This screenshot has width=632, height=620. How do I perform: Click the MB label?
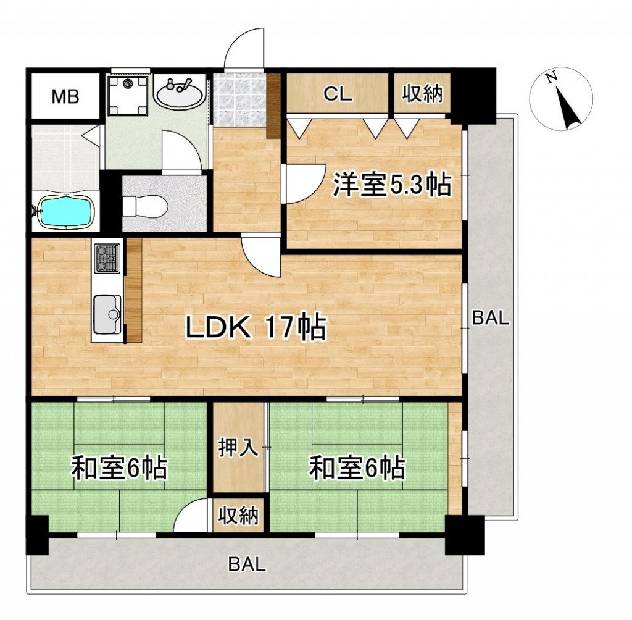65,97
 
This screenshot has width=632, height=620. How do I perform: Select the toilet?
145,206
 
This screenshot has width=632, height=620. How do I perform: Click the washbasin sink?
180,93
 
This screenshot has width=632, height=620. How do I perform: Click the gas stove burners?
107,259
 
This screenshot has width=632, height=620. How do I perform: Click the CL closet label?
338,94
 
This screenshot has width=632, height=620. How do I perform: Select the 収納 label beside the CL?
422,94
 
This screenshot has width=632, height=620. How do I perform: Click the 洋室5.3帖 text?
391,185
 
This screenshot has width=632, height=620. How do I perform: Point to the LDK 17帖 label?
256,327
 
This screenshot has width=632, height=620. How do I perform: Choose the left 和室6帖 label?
119,467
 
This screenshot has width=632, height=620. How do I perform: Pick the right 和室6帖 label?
357,467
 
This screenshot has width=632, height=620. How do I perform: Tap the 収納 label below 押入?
238,515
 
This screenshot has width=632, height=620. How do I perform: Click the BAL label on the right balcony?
491,318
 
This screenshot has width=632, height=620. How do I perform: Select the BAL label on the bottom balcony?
247,564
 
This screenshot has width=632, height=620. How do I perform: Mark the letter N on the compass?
552,77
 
